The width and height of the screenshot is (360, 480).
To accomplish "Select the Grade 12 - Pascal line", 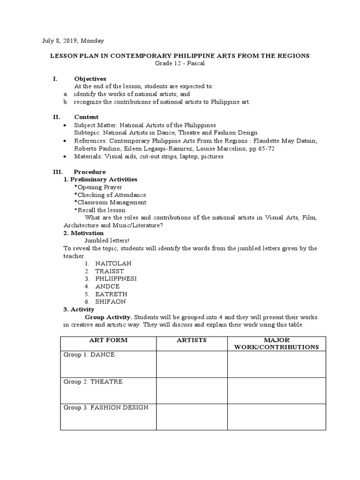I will tap(180, 63).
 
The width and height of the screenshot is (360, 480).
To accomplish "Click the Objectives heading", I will tap(90, 79).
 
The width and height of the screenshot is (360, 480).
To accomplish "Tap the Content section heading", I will tap(86, 117).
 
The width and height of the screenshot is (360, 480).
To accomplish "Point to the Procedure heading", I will tap(90, 172).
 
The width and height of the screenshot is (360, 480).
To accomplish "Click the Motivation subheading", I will tap(83, 233).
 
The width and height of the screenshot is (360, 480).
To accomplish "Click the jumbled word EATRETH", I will tap(110, 294).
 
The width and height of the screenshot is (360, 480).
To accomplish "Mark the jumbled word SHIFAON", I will tap(110, 302).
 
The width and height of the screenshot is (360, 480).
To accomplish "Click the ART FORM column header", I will tap(108, 340).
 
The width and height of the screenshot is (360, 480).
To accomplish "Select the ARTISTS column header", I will tap(191, 340).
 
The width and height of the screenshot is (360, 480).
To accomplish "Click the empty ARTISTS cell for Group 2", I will tap(191, 390).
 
